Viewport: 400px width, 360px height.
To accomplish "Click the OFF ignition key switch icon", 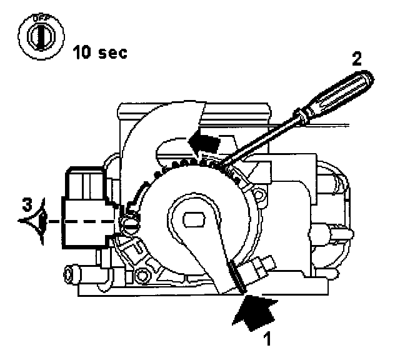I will point(39,37).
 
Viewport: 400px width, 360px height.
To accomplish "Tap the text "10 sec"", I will point(100,51).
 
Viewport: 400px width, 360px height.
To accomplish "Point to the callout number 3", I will point(23,205).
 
